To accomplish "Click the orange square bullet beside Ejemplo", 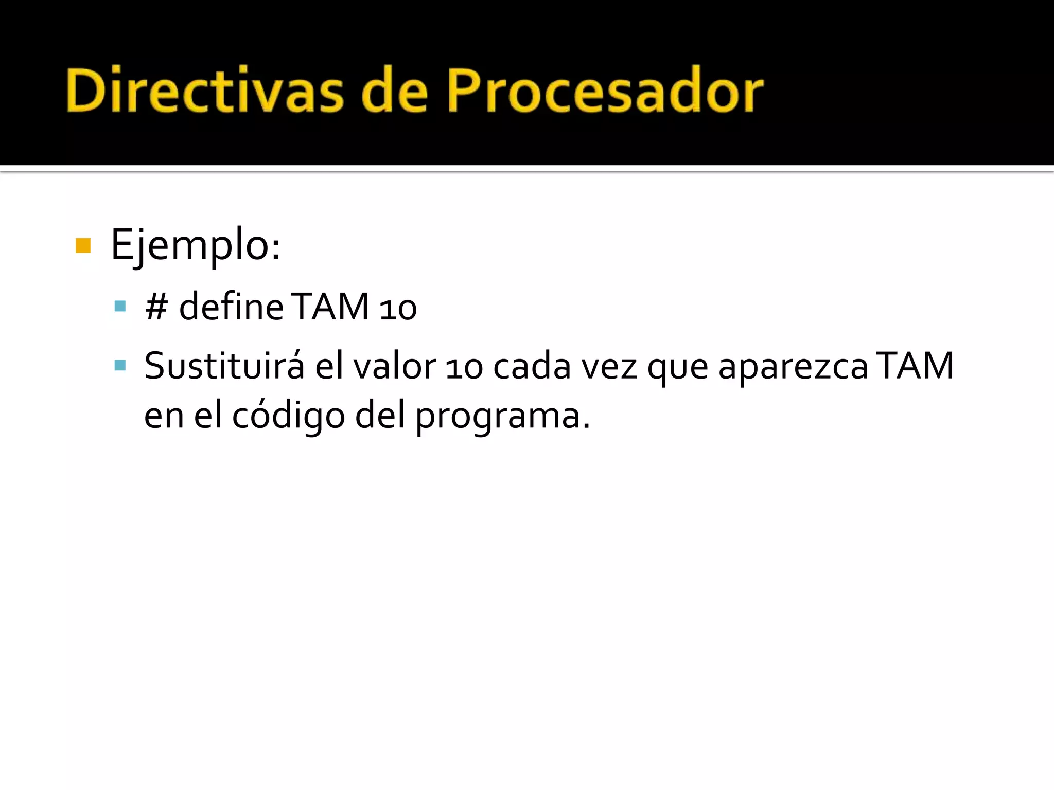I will [x=83, y=246].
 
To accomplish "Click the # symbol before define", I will [x=156, y=307].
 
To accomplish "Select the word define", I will [x=231, y=307].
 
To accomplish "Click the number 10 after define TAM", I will [x=398, y=309].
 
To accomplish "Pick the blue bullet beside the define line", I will [x=120, y=307].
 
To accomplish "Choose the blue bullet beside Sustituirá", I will [x=120, y=366].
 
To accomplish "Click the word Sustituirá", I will [x=224, y=366].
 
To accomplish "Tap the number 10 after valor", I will [x=464, y=368].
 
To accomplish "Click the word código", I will [x=288, y=416].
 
